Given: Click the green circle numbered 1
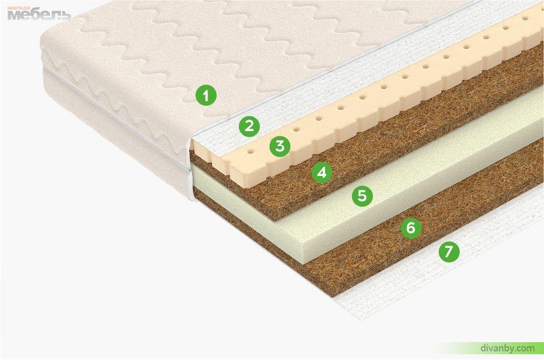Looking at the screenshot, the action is [x=206, y=95].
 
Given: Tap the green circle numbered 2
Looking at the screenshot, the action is [x=249, y=126].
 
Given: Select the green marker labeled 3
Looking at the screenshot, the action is [x=280, y=146].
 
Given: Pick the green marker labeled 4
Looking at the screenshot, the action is [x=322, y=172].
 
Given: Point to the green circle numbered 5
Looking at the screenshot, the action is [x=362, y=196].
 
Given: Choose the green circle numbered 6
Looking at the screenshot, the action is [x=411, y=228].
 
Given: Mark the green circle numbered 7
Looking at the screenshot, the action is [x=449, y=251].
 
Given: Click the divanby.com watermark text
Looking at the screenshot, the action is [x=508, y=348].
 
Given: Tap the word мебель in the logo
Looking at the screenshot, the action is [x=39, y=15].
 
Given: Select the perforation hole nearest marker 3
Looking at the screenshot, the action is [x=296, y=130].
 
